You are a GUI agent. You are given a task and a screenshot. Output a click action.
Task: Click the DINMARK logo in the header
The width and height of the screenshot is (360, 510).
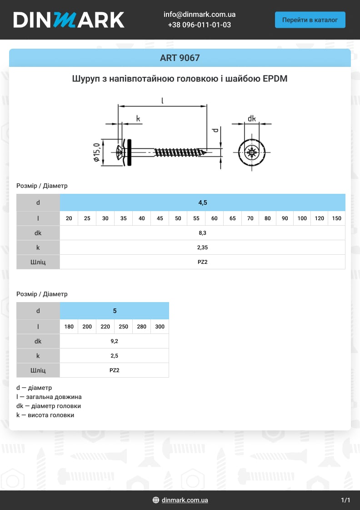pos(69,20)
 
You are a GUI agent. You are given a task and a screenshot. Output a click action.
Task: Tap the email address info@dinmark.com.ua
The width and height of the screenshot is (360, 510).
pos(199,15)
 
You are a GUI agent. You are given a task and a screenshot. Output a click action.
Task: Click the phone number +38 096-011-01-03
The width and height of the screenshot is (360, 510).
pos(199,25)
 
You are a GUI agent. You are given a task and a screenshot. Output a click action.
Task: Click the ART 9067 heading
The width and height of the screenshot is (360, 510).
pos(180,58)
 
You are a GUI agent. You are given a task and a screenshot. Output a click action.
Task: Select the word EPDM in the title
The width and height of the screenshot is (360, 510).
pos(275,79)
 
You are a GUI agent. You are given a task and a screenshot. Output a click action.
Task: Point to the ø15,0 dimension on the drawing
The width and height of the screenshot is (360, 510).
pos(96,152)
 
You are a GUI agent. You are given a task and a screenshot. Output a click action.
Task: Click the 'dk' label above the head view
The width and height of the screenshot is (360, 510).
pos(251,119)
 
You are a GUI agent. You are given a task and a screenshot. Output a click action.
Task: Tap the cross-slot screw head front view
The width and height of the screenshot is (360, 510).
pos(251,152)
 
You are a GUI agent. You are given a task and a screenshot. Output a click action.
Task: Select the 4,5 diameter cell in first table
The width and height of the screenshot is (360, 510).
pos(202,202)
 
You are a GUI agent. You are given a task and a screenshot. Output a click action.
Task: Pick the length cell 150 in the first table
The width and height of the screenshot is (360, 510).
pos(336,218)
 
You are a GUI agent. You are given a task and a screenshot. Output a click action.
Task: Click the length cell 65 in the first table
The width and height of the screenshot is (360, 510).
pos(232,218)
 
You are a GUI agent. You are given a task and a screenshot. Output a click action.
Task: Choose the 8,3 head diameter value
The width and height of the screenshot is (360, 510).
pos(202,233)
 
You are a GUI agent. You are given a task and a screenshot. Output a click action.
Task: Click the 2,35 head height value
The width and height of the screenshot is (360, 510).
pos(202,247)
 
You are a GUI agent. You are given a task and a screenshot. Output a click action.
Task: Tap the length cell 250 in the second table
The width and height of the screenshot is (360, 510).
pos(123,327)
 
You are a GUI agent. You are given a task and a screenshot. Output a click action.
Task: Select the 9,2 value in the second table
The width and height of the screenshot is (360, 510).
pos(114,341)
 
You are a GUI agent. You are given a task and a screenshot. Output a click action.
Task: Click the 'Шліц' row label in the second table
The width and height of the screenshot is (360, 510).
pos(38,370)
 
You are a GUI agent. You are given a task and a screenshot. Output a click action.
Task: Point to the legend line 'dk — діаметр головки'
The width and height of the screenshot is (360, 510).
pos(49,406)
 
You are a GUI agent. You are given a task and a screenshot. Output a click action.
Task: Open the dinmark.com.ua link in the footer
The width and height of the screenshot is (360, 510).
pos(185,500)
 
